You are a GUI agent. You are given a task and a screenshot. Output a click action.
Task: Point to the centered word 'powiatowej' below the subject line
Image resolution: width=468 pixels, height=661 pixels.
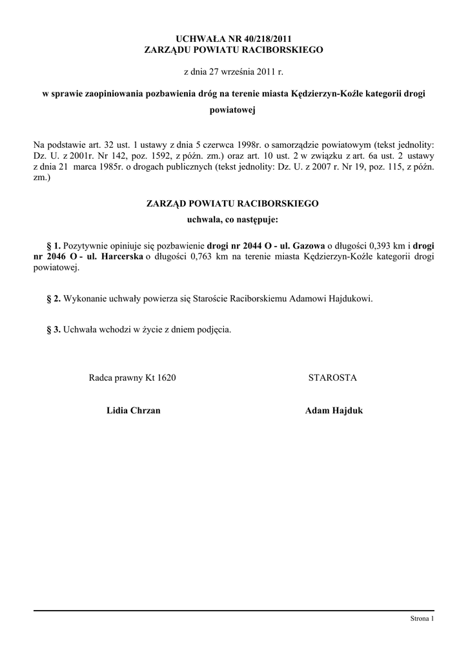tap(234, 110)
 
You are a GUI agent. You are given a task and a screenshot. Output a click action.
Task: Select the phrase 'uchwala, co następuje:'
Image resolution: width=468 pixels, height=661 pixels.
tap(233, 220)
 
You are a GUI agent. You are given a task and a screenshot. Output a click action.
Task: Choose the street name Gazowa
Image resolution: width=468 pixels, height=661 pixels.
tap(309, 246)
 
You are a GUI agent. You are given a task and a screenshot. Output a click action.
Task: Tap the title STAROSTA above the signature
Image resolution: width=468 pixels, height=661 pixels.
tap(332, 378)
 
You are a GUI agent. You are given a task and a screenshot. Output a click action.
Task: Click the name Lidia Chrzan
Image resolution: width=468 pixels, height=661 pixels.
tap(133, 411)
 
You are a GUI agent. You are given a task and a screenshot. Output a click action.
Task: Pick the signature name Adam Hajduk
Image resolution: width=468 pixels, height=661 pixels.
tap(334, 411)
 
